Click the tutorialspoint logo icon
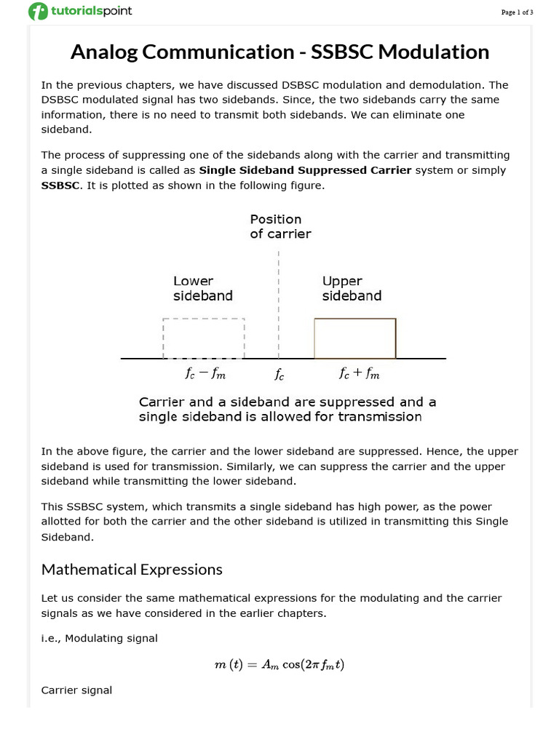pos(37,12)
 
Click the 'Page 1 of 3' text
pos(517,12)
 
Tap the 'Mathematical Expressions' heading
pos(132,569)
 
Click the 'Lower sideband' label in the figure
pos(202,288)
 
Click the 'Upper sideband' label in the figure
pos(352,288)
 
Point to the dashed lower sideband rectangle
pos(204,338)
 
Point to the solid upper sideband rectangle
pos(355,338)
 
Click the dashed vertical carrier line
pos(279,306)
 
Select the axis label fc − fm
pos(205,374)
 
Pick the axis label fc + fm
pos(360,374)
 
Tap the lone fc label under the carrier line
pos(279,375)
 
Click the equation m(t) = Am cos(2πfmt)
pos(279,664)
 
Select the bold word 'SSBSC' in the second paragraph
pos(60,186)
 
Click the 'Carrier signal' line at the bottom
pos(76,690)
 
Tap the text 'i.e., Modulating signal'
pos(99,638)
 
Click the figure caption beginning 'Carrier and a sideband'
pos(287,409)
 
